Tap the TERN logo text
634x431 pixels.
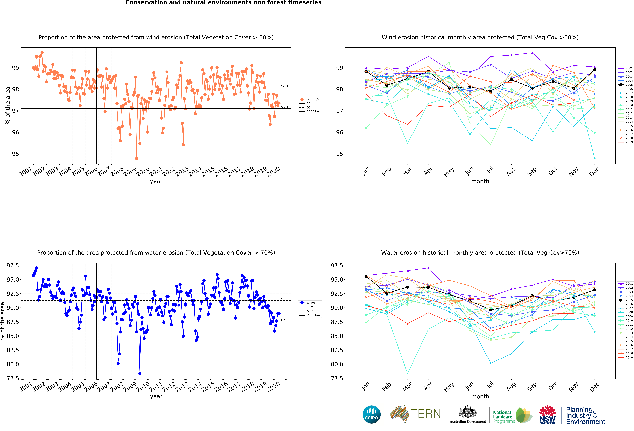426,414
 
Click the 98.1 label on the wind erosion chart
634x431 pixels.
285,86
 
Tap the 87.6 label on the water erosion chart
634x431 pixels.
285,320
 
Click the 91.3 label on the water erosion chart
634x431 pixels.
285,299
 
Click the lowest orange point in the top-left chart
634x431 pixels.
136,158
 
